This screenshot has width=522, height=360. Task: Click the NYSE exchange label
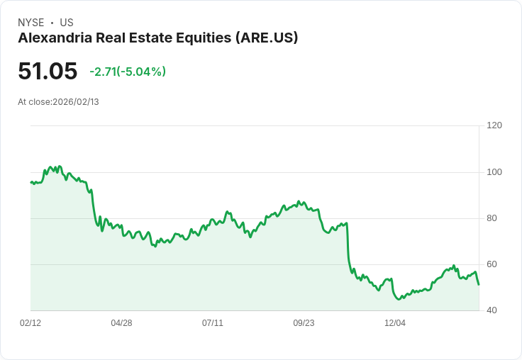tap(31, 23)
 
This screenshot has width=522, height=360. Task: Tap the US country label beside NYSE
tap(67, 23)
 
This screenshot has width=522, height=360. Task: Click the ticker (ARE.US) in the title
tap(266, 38)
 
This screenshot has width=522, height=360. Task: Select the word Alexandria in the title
tap(51, 38)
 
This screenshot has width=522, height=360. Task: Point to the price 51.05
tap(48, 71)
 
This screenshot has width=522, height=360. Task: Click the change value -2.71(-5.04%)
tap(128, 72)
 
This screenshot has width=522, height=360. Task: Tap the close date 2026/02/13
tap(76, 102)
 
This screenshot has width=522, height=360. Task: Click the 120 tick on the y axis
tap(494, 125)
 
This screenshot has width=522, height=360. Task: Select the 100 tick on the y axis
tap(494, 172)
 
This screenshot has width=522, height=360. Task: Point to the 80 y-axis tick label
tap(492, 218)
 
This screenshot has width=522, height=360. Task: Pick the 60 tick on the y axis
tap(492, 264)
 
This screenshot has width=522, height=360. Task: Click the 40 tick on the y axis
tap(492, 310)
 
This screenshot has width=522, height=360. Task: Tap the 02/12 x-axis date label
tap(30, 323)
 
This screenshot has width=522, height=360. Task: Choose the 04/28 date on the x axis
tap(121, 323)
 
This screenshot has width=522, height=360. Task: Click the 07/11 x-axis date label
tap(213, 323)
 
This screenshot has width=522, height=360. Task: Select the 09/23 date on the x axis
tap(304, 323)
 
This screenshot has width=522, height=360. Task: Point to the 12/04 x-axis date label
tap(395, 323)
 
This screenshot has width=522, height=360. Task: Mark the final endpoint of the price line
tap(479, 285)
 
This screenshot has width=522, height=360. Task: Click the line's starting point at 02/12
tap(30, 182)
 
